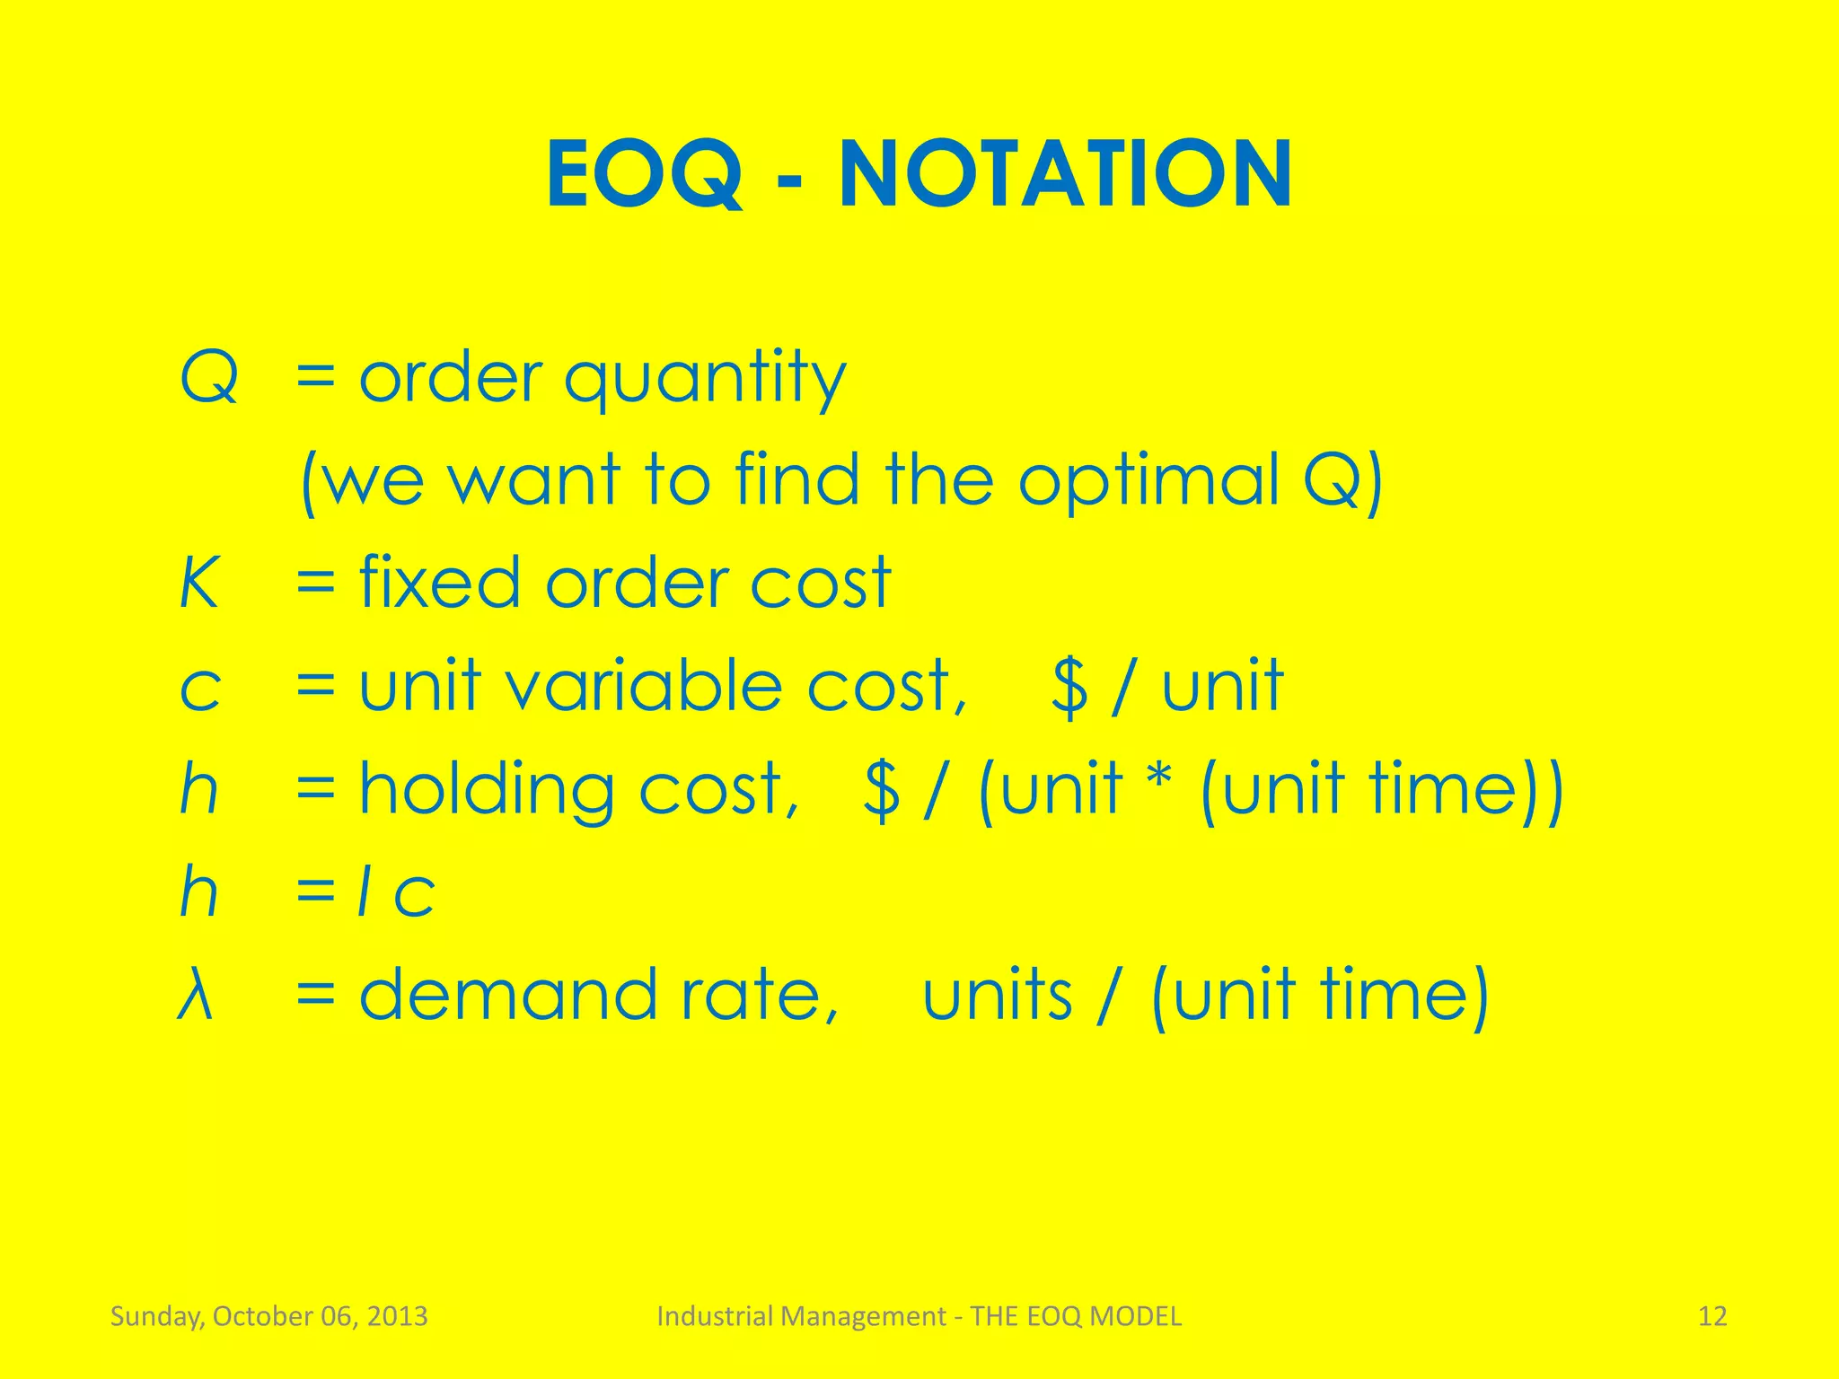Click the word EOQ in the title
point(645,174)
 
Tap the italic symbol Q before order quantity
point(209,378)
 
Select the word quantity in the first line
point(705,381)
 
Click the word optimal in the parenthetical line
point(1148,479)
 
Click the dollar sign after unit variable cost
point(1069,688)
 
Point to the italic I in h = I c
point(364,892)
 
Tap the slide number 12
point(1712,1316)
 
